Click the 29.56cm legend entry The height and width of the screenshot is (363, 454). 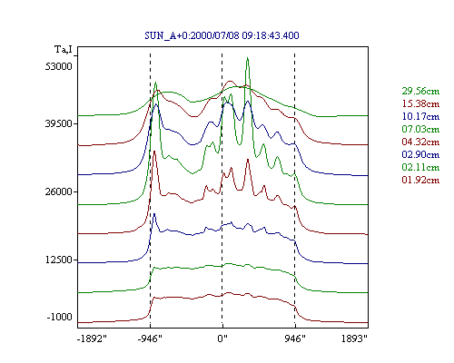(420, 91)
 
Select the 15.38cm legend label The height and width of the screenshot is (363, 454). (420, 103)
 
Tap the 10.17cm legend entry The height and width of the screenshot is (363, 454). (420, 116)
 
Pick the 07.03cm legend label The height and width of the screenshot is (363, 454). (420, 129)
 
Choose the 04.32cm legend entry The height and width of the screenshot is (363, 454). (420, 142)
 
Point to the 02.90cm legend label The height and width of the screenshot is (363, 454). (420, 154)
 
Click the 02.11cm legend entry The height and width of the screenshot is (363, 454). (420, 167)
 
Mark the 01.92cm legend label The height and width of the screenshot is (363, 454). (420, 180)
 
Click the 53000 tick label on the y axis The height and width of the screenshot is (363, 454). (59, 66)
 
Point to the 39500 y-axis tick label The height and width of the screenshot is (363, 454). (59, 123)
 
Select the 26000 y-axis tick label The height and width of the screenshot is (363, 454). (59, 191)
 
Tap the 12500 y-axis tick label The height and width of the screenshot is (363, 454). (59, 260)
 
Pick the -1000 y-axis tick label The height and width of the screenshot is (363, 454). (59, 317)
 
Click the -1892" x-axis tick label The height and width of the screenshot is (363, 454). (93, 338)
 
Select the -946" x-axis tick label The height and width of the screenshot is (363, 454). (150, 338)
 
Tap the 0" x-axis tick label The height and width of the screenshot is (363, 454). (222, 338)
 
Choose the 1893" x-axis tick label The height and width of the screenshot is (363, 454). (354, 338)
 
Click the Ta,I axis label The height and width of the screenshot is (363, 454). (64, 49)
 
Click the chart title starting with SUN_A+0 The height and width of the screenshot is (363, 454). (222, 35)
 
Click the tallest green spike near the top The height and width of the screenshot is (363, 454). (247, 58)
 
